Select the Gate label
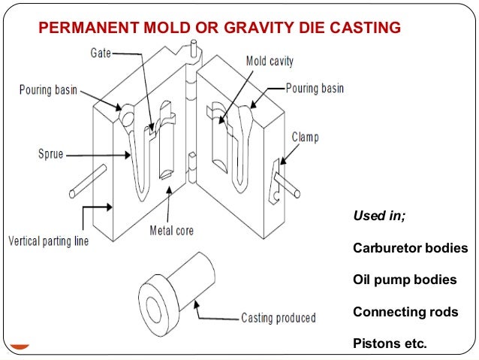[x=103, y=54]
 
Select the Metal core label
[x=171, y=230]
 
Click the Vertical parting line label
[x=48, y=241]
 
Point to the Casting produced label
[x=278, y=318]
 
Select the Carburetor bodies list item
[x=410, y=248]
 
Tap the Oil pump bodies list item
[x=404, y=280]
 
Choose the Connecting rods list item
[x=405, y=312]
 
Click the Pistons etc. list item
[x=389, y=344]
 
